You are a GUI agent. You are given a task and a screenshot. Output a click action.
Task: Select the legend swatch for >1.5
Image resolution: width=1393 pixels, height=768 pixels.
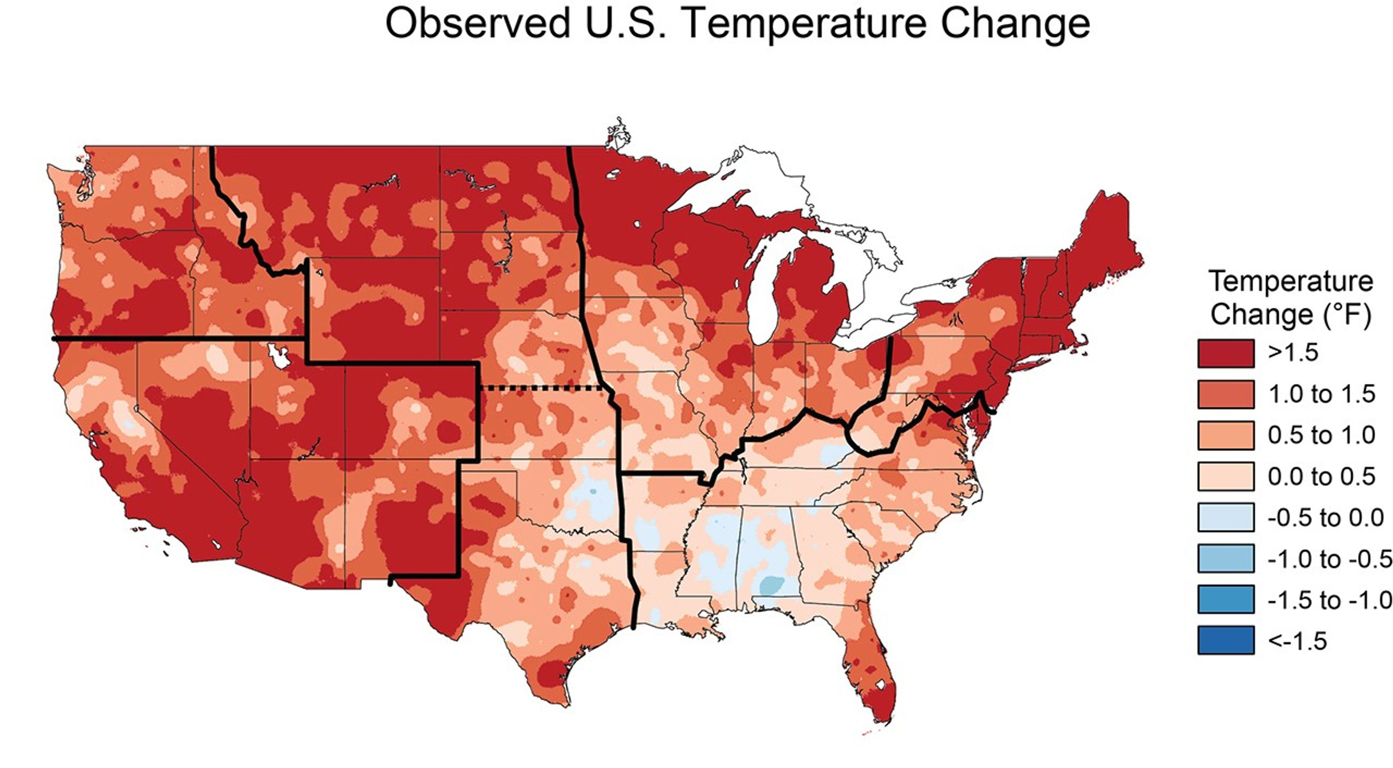click(1226, 353)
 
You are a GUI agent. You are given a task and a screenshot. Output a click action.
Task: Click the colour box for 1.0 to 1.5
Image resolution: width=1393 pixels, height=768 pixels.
click(1226, 394)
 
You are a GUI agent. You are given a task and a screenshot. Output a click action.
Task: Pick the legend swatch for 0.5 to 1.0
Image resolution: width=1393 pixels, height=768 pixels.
click(1226, 435)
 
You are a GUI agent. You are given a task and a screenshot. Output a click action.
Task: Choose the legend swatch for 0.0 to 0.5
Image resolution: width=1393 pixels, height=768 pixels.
click(1226, 476)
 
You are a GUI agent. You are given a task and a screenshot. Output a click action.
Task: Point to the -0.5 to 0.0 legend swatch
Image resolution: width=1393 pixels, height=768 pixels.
click(1226, 517)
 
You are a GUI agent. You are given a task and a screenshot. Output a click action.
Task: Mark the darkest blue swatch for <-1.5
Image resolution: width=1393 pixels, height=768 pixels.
click(1226, 641)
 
